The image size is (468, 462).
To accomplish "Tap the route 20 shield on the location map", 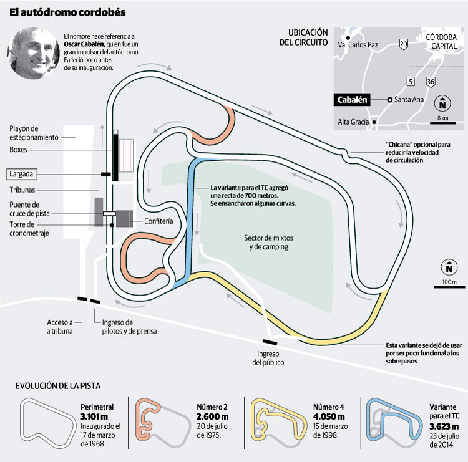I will click(x=404, y=43).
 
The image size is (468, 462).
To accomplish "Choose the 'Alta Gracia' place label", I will click(x=353, y=122).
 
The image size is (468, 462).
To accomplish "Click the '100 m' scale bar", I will click(x=448, y=286).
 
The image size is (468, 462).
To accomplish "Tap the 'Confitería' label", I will click(x=158, y=221).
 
